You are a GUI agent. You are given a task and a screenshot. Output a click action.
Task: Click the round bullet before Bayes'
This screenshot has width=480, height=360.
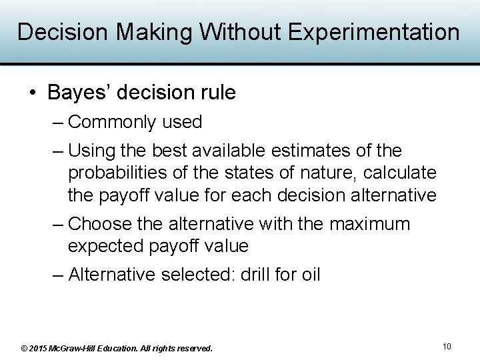click(34, 93)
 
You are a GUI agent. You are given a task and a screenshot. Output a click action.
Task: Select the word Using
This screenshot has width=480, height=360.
click(92, 151)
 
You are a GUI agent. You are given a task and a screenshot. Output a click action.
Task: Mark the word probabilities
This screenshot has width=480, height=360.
click(119, 173)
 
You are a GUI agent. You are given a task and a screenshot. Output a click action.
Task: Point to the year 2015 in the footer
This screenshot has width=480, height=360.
click(39, 348)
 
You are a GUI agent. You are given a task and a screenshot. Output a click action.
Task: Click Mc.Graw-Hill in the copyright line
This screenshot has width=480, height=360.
click(79, 348)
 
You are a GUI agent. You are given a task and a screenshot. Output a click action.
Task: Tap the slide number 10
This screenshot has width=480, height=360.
click(447, 346)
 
